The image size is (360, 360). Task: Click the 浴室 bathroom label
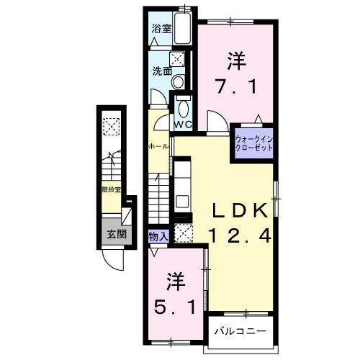[x=161, y=30]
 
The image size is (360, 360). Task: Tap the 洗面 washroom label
[x=161, y=71]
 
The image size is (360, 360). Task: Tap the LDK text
[x=240, y=210]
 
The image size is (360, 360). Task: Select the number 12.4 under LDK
[x=240, y=235]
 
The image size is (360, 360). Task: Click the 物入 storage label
[x=158, y=235]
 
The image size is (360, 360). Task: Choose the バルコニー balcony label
[x=240, y=332]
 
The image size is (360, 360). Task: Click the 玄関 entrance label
[x=117, y=234]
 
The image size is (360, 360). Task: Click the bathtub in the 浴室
[x=184, y=29]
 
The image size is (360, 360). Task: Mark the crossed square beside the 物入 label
[x=183, y=233]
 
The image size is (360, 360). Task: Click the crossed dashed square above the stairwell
[x=112, y=127]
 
